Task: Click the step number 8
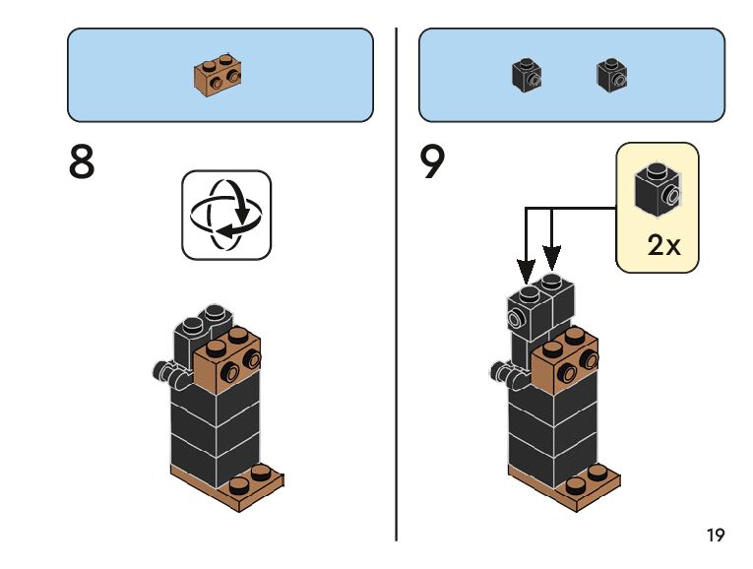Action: pos(82,162)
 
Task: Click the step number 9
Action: pos(433,162)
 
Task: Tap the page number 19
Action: pos(715,536)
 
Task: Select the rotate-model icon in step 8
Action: pos(226,215)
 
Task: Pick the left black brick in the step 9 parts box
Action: pos(528,76)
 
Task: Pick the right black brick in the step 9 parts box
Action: pos(612,76)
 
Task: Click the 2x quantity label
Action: pos(664,244)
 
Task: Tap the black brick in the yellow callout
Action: pos(657,188)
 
